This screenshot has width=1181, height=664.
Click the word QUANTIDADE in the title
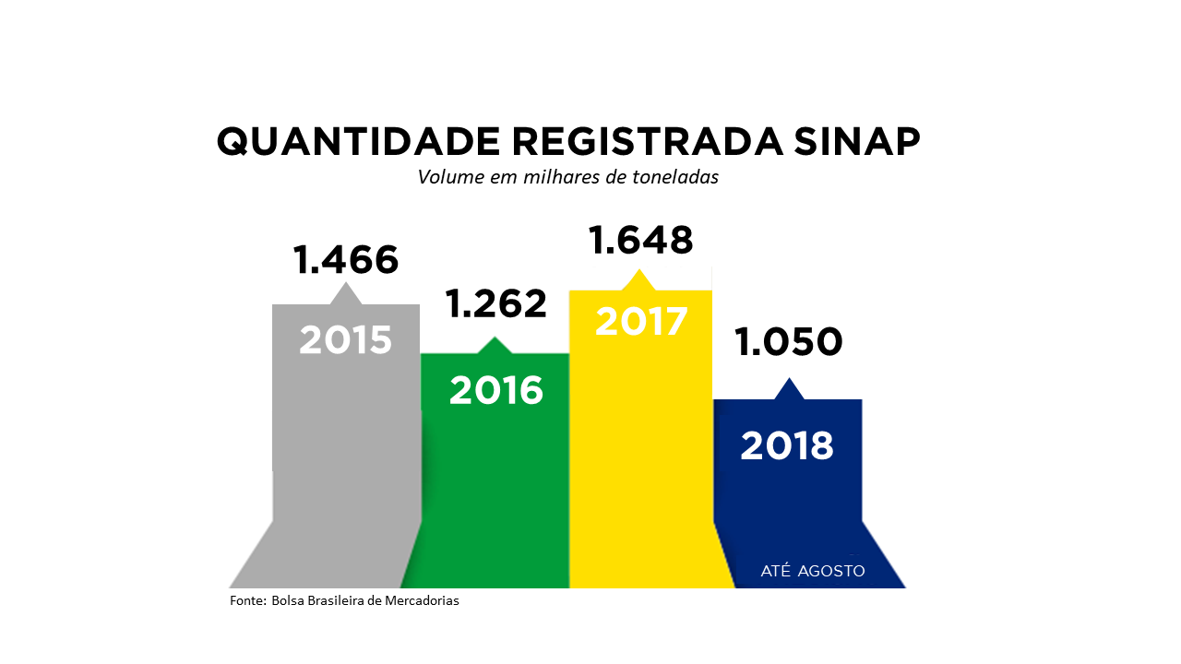click(358, 142)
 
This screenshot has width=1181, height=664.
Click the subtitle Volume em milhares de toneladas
click(567, 177)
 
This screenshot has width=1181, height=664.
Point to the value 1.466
click(345, 260)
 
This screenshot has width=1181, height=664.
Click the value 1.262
click(496, 303)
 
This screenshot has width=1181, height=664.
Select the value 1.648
click(640, 240)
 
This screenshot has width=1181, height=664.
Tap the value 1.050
click(789, 342)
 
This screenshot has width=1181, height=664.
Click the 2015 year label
click(345, 340)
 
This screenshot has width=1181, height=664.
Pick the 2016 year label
click(496, 391)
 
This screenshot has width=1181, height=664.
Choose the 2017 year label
click(641, 321)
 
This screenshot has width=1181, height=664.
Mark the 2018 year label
click(787, 446)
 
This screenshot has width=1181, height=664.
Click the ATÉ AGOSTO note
click(813, 571)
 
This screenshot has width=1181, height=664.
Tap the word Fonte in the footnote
click(247, 601)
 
